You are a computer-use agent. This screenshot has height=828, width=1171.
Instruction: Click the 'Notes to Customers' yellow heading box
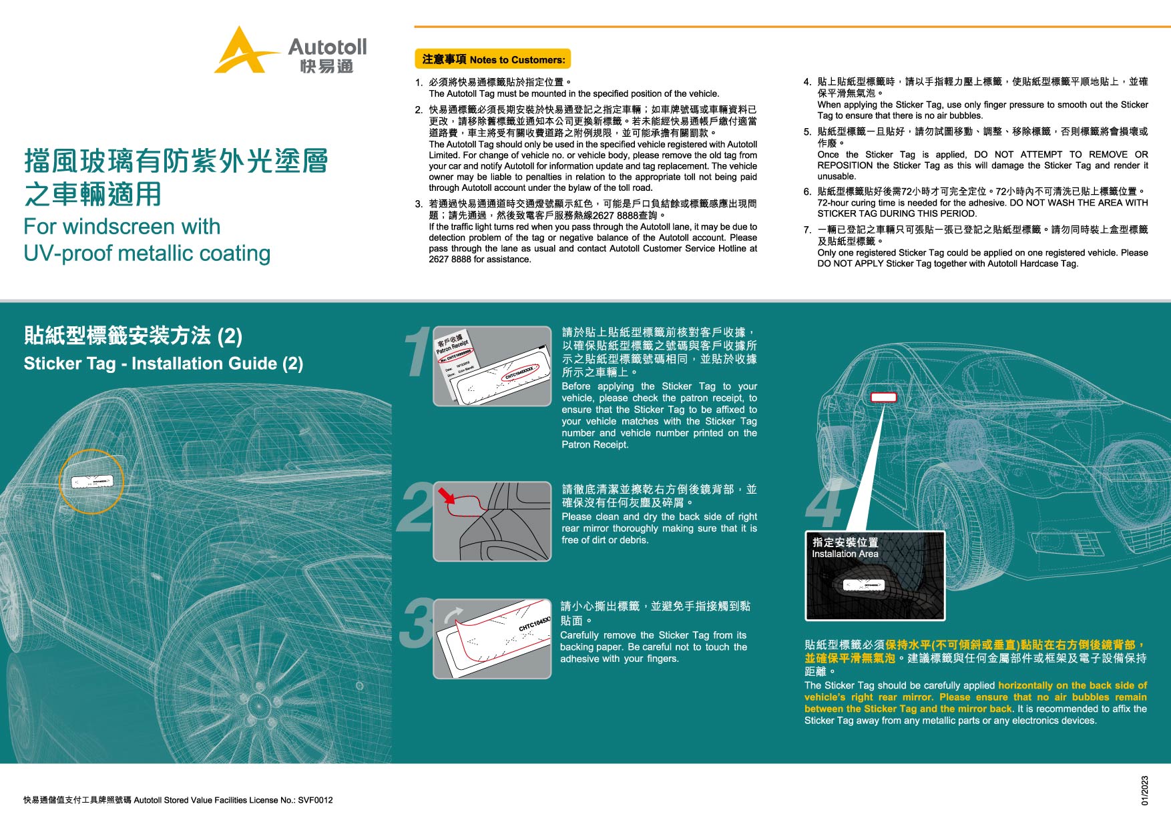(493, 59)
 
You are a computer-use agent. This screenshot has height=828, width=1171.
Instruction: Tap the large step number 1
(417, 354)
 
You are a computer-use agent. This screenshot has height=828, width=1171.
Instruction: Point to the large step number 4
(824, 507)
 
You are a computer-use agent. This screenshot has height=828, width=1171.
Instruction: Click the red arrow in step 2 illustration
(446, 496)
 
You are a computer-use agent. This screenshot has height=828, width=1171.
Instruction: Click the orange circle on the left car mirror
(91, 481)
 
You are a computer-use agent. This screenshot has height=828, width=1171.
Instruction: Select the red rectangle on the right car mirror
(883, 397)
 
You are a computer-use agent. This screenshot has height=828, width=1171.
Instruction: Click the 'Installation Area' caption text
(845, 554)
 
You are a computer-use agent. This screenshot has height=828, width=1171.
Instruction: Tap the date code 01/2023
(1144, 790)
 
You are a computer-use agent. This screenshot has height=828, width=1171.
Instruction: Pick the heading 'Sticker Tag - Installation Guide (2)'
(164, 364)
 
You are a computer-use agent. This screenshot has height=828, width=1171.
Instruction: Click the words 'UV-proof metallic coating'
(147, 254)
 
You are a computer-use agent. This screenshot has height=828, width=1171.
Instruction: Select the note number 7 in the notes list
(807, 230)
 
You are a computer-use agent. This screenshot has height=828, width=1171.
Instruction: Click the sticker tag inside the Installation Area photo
(864, 586)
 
